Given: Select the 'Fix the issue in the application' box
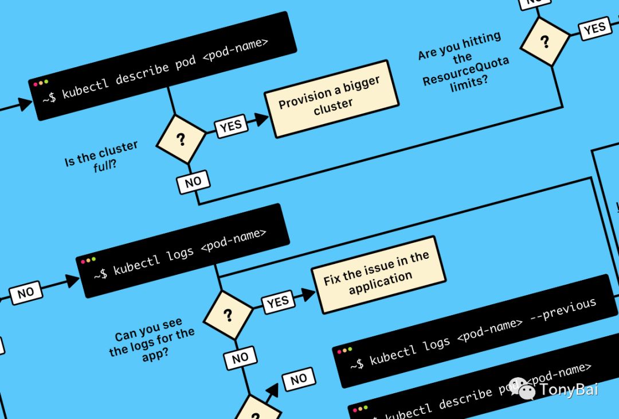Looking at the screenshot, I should coord(378,273).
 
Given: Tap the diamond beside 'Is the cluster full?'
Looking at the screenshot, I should coord(181,138).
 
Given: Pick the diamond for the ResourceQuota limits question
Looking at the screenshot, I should coord(544,41).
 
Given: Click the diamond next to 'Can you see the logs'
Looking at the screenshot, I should coord(228,315).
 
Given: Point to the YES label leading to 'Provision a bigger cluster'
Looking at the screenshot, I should coord(230,126).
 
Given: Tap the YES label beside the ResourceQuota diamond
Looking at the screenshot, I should coord(594,27).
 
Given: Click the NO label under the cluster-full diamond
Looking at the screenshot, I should coord(193,182).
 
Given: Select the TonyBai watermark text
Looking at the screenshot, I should coord(569,389).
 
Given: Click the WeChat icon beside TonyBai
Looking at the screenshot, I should coord(520,388).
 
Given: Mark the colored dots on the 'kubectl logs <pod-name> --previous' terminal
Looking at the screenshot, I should coord(345,350).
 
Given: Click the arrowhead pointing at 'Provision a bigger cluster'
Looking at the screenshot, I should coord(263,119).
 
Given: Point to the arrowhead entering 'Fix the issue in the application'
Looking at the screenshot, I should coord(309,294).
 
